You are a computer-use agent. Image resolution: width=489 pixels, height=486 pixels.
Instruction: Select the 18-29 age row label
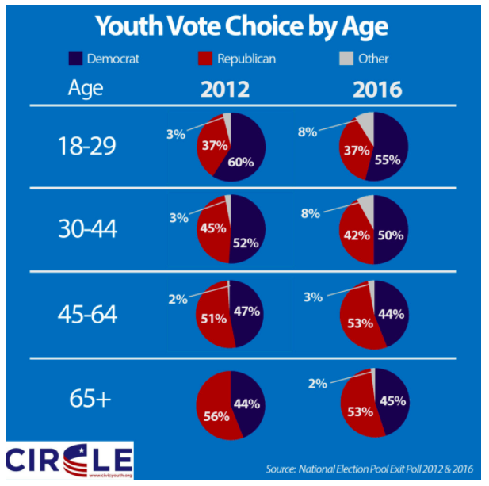point(88,146)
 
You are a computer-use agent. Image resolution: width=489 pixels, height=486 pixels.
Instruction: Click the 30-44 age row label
point(88,229)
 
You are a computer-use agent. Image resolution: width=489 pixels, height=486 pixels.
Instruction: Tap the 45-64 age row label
point(88,314)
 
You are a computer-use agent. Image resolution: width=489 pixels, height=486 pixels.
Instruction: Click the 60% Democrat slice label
point(240,163)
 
